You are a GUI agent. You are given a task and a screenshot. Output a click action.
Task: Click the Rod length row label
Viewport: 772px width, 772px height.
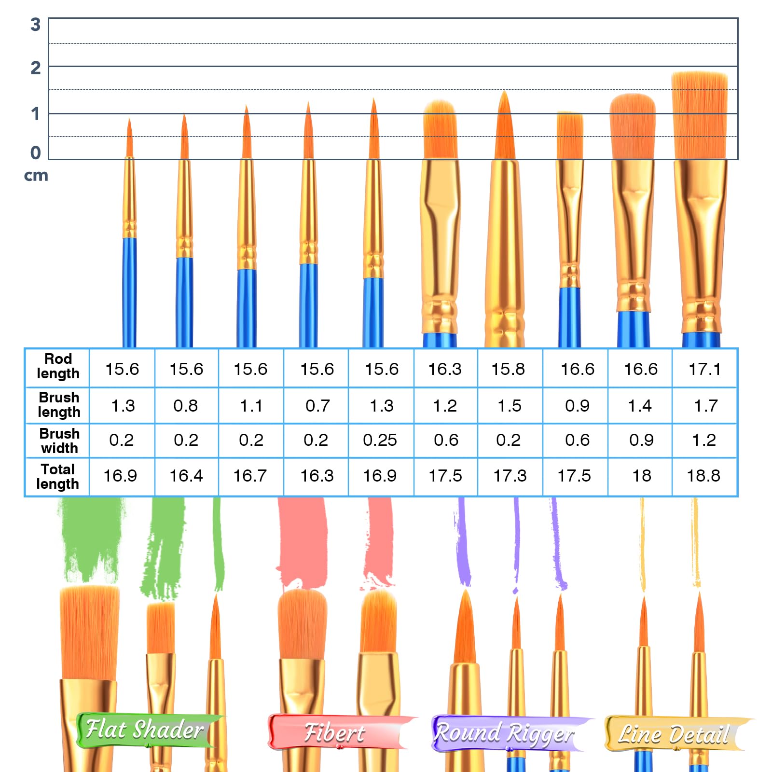click(x=58, y=366)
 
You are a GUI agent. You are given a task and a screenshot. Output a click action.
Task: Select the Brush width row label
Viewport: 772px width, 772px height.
click(x=59, y=441)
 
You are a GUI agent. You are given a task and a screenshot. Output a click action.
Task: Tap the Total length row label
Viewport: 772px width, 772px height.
click(x=57, y=476)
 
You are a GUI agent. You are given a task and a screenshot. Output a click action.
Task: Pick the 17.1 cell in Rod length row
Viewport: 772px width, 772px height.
click(x=704, y=369)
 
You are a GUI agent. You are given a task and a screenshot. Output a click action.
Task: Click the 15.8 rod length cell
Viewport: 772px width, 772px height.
click(x=508, y=369)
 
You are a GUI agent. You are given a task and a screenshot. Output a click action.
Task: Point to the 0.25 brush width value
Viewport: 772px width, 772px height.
click(x=380, y=440)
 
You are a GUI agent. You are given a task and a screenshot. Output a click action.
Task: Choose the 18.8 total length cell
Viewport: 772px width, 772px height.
click(x=703, y=476)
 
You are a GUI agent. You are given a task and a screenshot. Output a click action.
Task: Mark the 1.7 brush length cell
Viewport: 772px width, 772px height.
click(x=705, y=406)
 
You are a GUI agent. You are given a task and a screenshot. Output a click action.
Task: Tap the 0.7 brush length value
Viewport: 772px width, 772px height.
click(x=317, y=406)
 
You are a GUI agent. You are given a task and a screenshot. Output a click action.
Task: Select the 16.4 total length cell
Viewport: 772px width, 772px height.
click(x=186, y=476)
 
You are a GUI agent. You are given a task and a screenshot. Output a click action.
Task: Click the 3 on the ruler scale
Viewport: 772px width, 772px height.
click(x=35, y=25)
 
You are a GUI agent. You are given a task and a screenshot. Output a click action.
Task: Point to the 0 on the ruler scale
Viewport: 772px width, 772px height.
click(x=35, y=153)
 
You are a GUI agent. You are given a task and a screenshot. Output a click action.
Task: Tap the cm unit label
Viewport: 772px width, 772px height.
click(x=36, y=175)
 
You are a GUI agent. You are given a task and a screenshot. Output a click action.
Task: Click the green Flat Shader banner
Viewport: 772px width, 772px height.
click(x=145, y=730)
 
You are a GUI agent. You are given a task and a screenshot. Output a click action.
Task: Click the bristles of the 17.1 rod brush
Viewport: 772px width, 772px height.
click(x=699, y=116)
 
